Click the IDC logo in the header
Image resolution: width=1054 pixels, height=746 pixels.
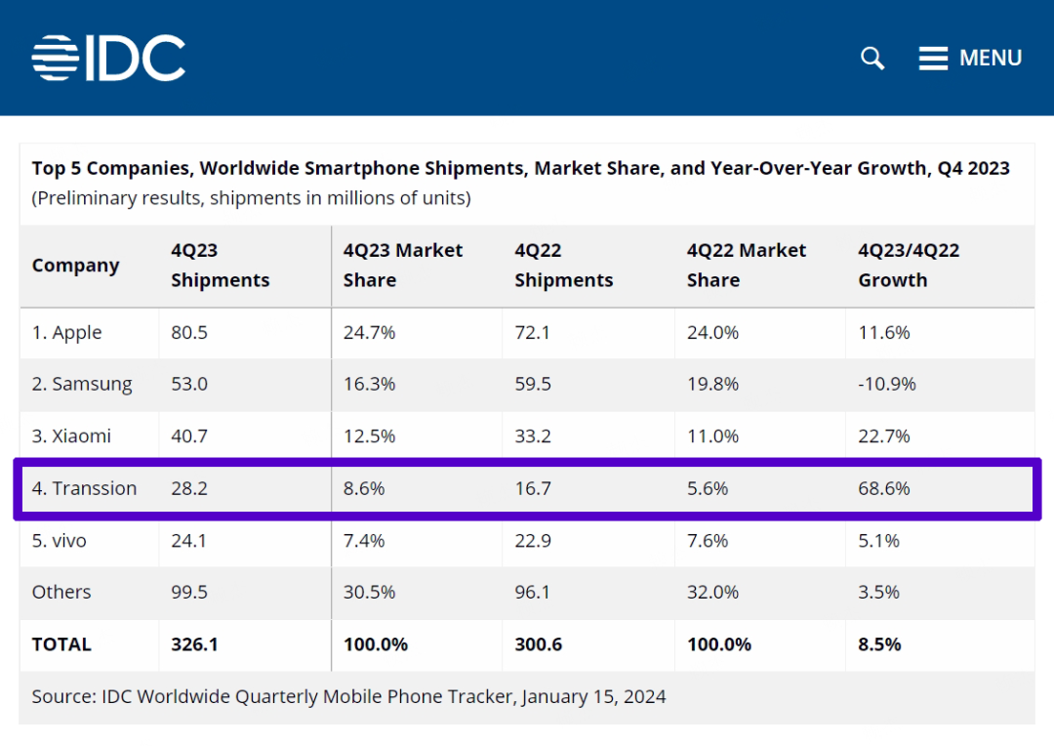pyautogui.click(x=108, y=59)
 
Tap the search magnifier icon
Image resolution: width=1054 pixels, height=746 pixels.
pyautogui.click(x=872, y=59)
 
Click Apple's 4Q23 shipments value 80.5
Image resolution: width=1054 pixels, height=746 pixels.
pyautogui.click(x=189, y=333)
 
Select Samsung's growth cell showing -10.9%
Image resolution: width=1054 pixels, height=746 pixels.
pyautogui.click(x=887, y=385)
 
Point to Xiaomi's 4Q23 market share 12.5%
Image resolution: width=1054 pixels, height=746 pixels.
pyautogui.click(x=369, y=436)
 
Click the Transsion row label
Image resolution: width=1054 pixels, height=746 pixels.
pyautogui.click(x=84, y=488)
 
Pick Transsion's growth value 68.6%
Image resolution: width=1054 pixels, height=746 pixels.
pyautogui.click(x=884, y=488)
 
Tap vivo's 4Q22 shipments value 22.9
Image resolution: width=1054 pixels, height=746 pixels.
pyautogui.click(x=533, y=540)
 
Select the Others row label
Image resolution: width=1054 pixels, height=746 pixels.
pyautogui.click(x=61, y=592)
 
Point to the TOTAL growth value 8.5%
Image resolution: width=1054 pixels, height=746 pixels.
pyautogui.click(x=879, y=644)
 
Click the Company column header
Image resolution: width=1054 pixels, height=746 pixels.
pyautogui.click(x=75, y=266)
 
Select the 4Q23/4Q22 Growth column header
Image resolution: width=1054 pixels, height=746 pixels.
pyautogui.click(x=909, y=266)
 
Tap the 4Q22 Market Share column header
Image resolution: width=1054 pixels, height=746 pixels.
pyautogui.click(x=747, y=266)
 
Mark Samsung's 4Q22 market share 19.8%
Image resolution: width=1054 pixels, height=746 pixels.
pyautogui.click(x=712, y=385)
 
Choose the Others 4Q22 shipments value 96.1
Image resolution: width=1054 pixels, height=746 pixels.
pyautogui.click(x=533, y=592)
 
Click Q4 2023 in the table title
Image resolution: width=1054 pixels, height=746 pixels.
pyautogui.click(x=973, y=168)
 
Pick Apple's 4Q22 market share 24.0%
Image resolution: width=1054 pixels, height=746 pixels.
pyautogui.click(x=712, y=333)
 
